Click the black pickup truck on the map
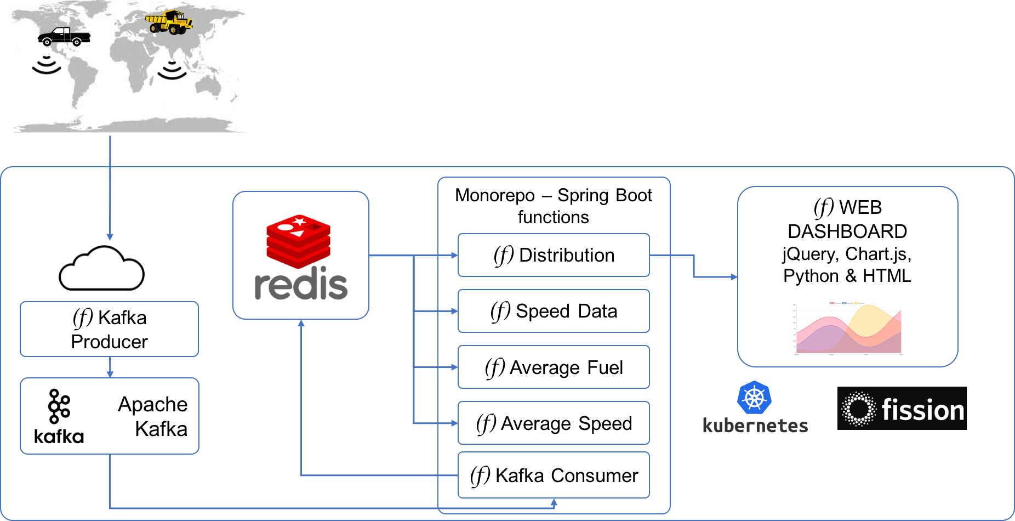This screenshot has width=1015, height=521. (x=64, y=37)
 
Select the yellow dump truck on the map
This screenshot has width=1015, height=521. (x=169, y=22)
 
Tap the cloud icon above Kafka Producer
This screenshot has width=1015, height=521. (x=101, y=268)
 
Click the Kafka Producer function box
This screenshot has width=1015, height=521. (x=109, y=329)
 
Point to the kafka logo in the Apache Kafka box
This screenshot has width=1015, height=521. (x=59, y=416)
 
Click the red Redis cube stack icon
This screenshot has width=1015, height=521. (x=298, y=241)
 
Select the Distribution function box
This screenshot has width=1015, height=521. (x=554, y=255)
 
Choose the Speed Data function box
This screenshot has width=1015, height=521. (x=554, y=311)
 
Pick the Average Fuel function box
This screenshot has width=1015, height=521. (x=554, y=367)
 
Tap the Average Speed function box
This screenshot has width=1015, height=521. (x=554, y=423)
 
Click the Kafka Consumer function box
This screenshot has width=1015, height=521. (x=554, y=475)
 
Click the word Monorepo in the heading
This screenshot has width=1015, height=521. (x=495, y=195)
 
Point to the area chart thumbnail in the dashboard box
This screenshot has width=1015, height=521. (x=848, y=329)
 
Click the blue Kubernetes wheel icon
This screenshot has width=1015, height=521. (x=754, y=398)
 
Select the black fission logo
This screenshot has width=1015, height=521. (x=902, y=409)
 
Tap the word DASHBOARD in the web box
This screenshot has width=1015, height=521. (x=847, y=231)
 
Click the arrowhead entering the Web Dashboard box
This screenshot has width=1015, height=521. (x=734, y=277)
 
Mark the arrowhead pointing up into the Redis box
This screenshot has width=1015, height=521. (x=301, y=324)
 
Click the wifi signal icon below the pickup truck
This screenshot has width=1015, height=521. (x=46, y=65)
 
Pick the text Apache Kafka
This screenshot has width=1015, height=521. (x=153, y=416)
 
